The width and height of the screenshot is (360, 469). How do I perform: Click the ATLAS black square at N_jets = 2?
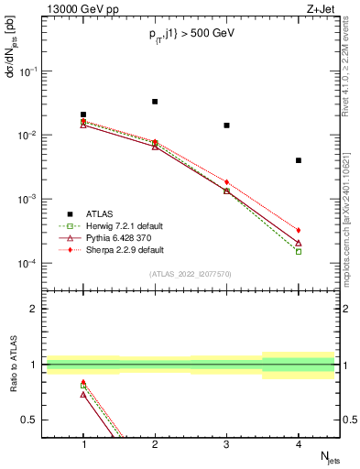pos(155,102)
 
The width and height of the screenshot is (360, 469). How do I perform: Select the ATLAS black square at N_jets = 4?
pos(299,160)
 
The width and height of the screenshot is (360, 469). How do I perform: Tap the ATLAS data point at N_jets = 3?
pos(226,125)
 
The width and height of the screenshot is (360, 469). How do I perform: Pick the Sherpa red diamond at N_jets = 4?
pos(299,230)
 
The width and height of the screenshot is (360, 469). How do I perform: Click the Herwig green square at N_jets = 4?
pos(299,251)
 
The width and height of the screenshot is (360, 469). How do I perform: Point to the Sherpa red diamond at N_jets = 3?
pos(226,182)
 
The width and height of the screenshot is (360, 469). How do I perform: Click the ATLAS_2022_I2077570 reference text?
pos(191,274)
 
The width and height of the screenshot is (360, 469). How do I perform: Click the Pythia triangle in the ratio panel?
pos(83,395)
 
